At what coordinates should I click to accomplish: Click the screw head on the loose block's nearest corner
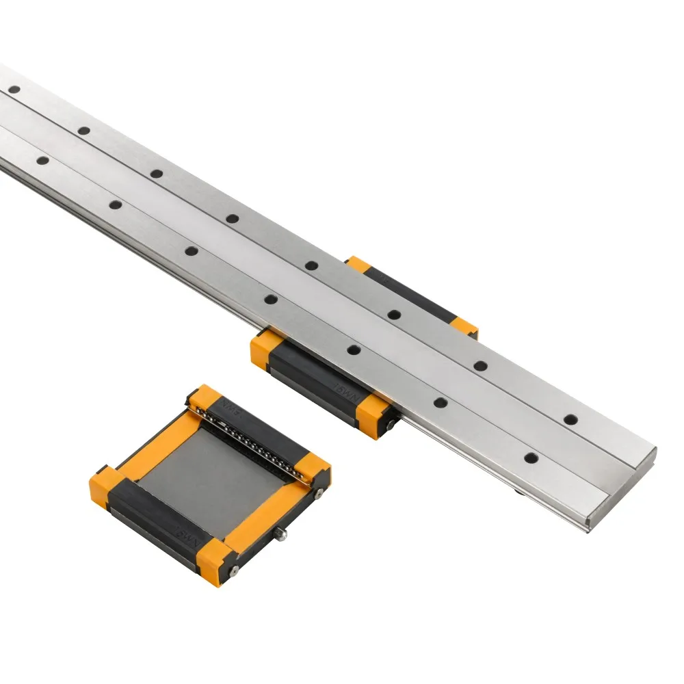point(234,569)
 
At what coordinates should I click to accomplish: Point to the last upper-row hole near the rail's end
point(570,419)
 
